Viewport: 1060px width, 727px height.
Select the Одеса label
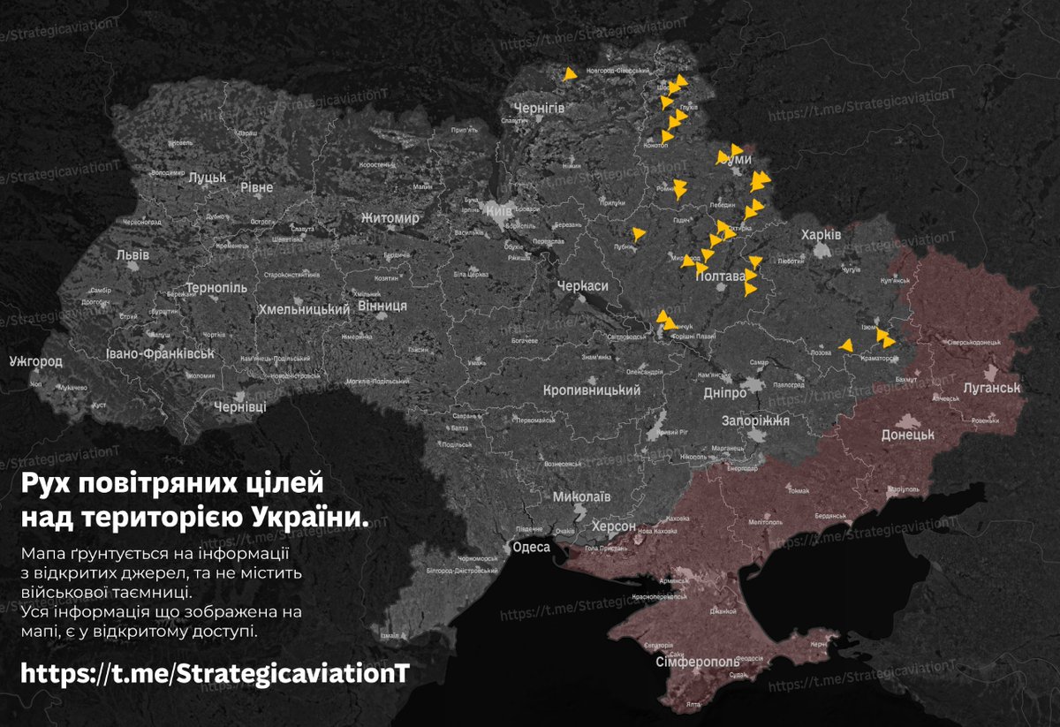(x=532, y=547)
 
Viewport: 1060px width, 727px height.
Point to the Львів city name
(x=132, y=254)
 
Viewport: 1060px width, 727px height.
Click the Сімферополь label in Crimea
(x=698, y=662)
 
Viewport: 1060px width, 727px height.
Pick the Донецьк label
(x=907, y=435)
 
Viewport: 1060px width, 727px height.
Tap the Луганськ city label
(x=992, y=388)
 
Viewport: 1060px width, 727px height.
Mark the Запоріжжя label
(x=755, y=420)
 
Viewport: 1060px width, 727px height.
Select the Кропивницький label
(x=590, y=390)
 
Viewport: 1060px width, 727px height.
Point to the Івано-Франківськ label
(x=159, y=354)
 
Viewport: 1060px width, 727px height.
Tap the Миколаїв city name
(x=581, y=496)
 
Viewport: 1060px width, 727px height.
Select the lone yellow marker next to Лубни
(x=639, y=234)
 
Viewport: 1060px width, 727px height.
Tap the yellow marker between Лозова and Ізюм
(x=846, y=345)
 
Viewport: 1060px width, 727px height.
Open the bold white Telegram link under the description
(x=215, y=673)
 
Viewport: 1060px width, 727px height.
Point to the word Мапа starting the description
(x=42, y=553)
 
